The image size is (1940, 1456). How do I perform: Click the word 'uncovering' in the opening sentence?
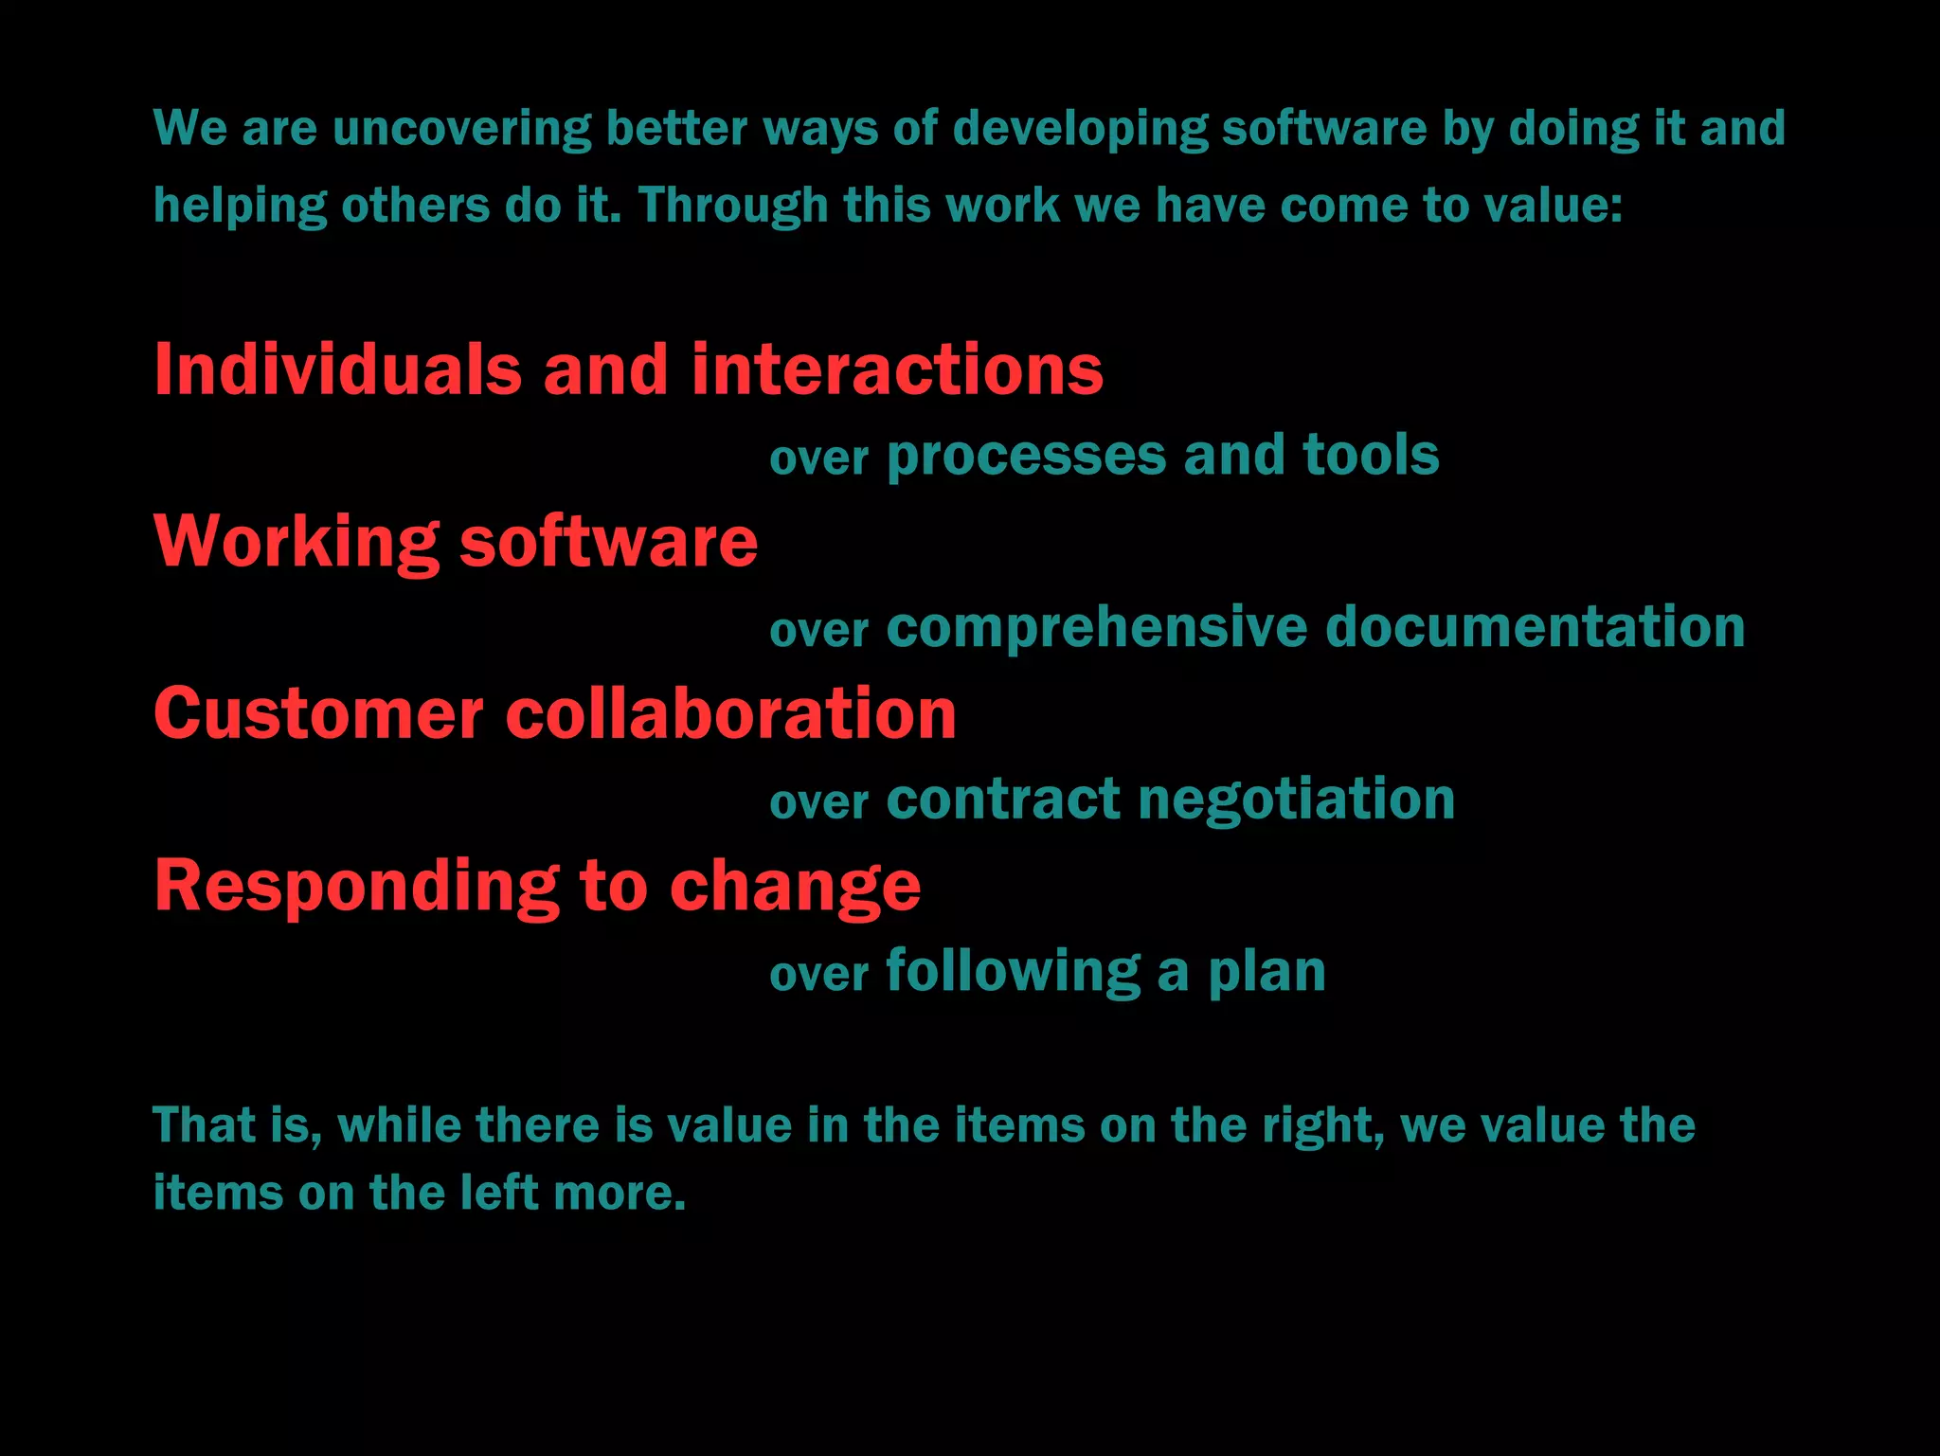click(x=461, y=128)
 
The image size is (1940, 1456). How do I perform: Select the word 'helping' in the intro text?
click(x=240, y=207)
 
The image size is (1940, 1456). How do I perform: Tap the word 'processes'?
click(x=1026, y=456)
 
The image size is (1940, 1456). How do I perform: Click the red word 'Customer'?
click(x=318, y=713)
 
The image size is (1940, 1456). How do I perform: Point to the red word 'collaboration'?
click(x=730, y=713)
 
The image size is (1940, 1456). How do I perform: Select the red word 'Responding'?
click(x=356, y=887)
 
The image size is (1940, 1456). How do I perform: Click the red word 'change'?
click(x=795, y=887)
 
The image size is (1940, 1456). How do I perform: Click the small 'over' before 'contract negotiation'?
click(x=818, y=803)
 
